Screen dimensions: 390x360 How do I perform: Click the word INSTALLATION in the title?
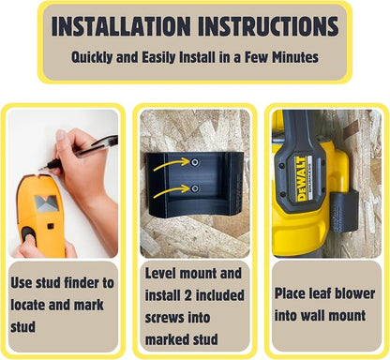[x=121, y=26]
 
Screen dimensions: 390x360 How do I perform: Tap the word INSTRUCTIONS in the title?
[x=268, y=26]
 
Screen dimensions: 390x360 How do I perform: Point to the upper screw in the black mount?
[x=195, y=162]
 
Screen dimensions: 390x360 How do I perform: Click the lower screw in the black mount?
[x=195, y=188]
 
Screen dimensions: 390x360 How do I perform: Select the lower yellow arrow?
[x=172, y=190]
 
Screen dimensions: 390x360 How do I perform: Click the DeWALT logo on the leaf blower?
[x=301, y=179]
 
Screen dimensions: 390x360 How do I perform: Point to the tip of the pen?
[x=39, y=170]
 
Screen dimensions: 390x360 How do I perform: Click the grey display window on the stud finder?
[x=46, y=203]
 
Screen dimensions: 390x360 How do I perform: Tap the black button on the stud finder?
[x=29, y=235]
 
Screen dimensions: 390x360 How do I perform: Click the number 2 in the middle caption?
[x=187, y=295]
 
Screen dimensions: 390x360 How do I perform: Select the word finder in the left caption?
[x=81, y=283]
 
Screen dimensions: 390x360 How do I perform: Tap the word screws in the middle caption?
[x=165, y=318]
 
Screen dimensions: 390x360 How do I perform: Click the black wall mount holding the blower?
[x=344, y=213]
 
